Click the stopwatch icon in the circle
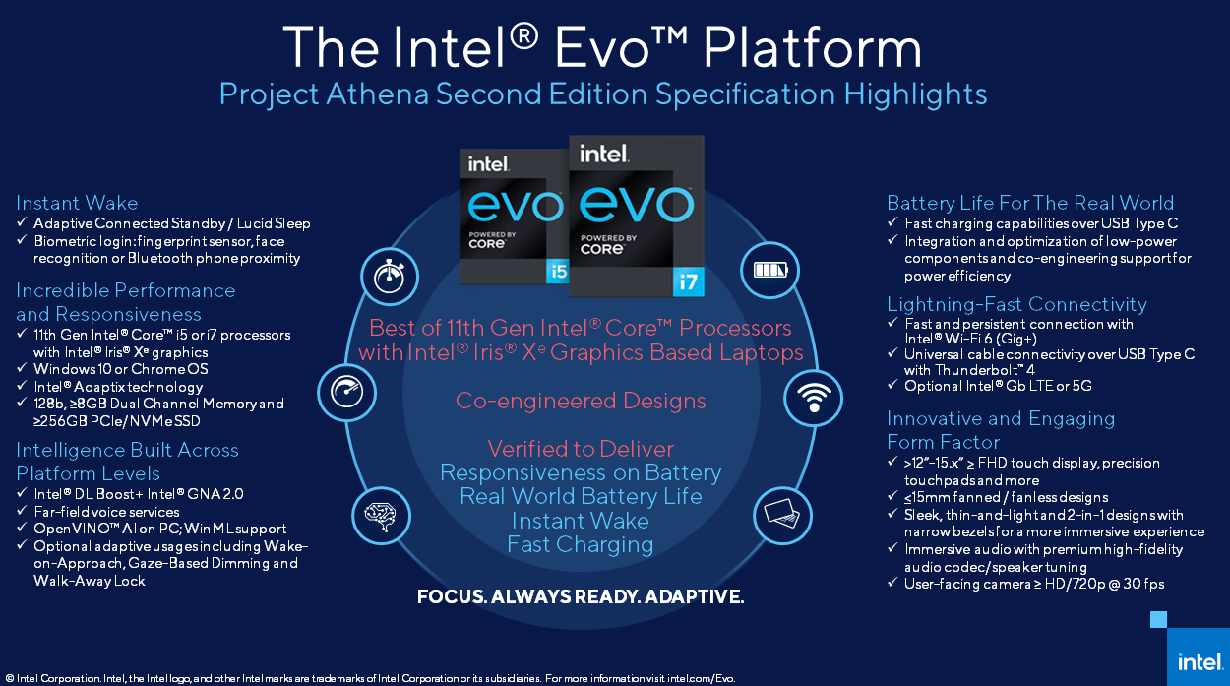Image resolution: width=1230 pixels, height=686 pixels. (x=390, y=277)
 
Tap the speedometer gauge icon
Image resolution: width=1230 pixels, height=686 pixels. (x=346, y=392)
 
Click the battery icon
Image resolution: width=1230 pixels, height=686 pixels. (x=769, y=270)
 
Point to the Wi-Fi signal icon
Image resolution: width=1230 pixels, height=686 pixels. (x=814, y=398)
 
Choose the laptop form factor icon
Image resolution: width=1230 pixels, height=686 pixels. (x=782, y=514)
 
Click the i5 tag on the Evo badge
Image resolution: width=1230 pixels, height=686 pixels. (x=557, y=272)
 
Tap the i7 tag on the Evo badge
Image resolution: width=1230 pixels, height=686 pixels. (x=689, y=281)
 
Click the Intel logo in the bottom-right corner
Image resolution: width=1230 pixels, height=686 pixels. (x=1199, y=661)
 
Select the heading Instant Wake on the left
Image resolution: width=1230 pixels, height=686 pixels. (x=77, y=203)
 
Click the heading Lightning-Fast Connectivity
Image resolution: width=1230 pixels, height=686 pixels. (x=1016, y=304)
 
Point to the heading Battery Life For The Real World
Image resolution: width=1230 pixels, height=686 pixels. (x=1030, y=203)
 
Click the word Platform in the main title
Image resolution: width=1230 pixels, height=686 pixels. (x=812, y=47)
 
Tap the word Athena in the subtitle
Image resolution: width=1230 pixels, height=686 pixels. (x=377, y=94)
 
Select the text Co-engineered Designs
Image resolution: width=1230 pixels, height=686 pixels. (x=581, y=401)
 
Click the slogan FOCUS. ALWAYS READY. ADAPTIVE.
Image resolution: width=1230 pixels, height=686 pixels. (x=581, y=596)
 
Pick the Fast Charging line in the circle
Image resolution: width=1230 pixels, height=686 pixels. (x=581, y=545)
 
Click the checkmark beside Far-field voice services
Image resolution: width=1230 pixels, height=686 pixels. (x=22, y=511)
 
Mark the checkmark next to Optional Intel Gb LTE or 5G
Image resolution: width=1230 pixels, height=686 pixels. (x=892, y=385)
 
